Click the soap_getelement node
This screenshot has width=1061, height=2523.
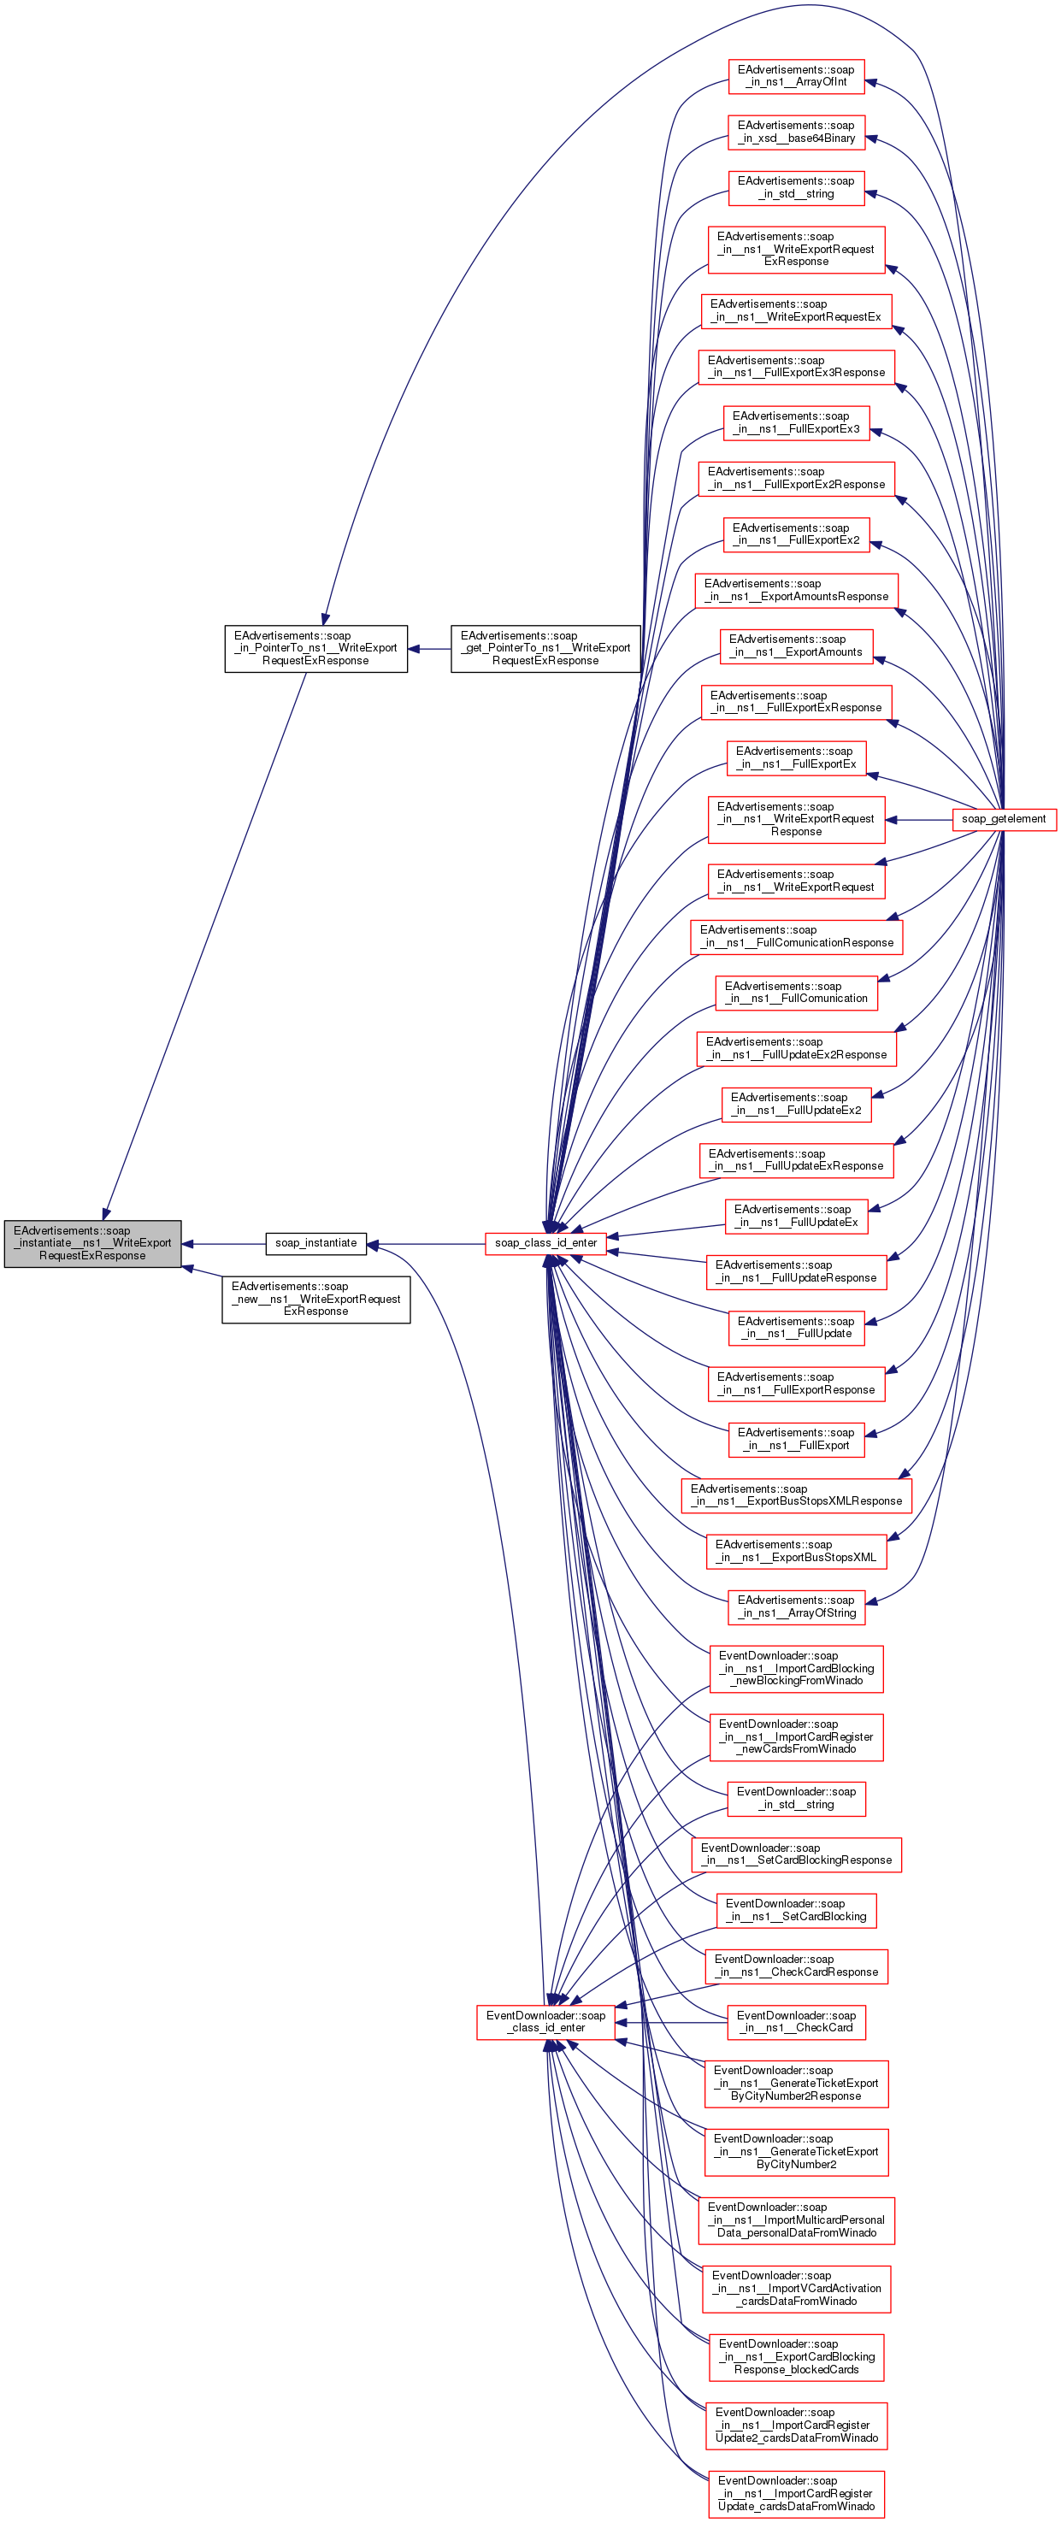pos(1003,819)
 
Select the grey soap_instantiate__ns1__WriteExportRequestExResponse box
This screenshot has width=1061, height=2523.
pos(92,1243)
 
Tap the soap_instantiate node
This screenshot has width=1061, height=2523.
pos(315,1243)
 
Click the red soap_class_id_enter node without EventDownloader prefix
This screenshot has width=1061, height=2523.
pos(545,1243)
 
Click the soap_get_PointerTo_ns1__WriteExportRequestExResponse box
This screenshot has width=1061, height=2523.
pos(545,648)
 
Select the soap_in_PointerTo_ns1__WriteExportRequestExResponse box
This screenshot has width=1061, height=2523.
pos(315,648)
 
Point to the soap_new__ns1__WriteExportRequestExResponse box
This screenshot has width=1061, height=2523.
pos(315,1299)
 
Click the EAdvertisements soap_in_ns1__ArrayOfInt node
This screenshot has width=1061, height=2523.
pos(795,76)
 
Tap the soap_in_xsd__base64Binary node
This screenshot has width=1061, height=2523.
pos(795,133)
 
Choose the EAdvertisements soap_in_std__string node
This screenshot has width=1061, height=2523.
pos(795,188)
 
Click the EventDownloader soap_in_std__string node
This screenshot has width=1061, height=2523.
pos(795,1798)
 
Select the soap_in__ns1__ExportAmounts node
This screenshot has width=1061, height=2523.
pos(795,646)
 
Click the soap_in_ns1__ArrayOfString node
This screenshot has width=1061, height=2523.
pos(795,1606)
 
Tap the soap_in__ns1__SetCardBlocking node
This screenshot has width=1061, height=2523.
pos(795,1910)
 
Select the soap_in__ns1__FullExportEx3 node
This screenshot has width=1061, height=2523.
pos(795,422)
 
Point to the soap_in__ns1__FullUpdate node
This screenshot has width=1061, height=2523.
pos(795,1327)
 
